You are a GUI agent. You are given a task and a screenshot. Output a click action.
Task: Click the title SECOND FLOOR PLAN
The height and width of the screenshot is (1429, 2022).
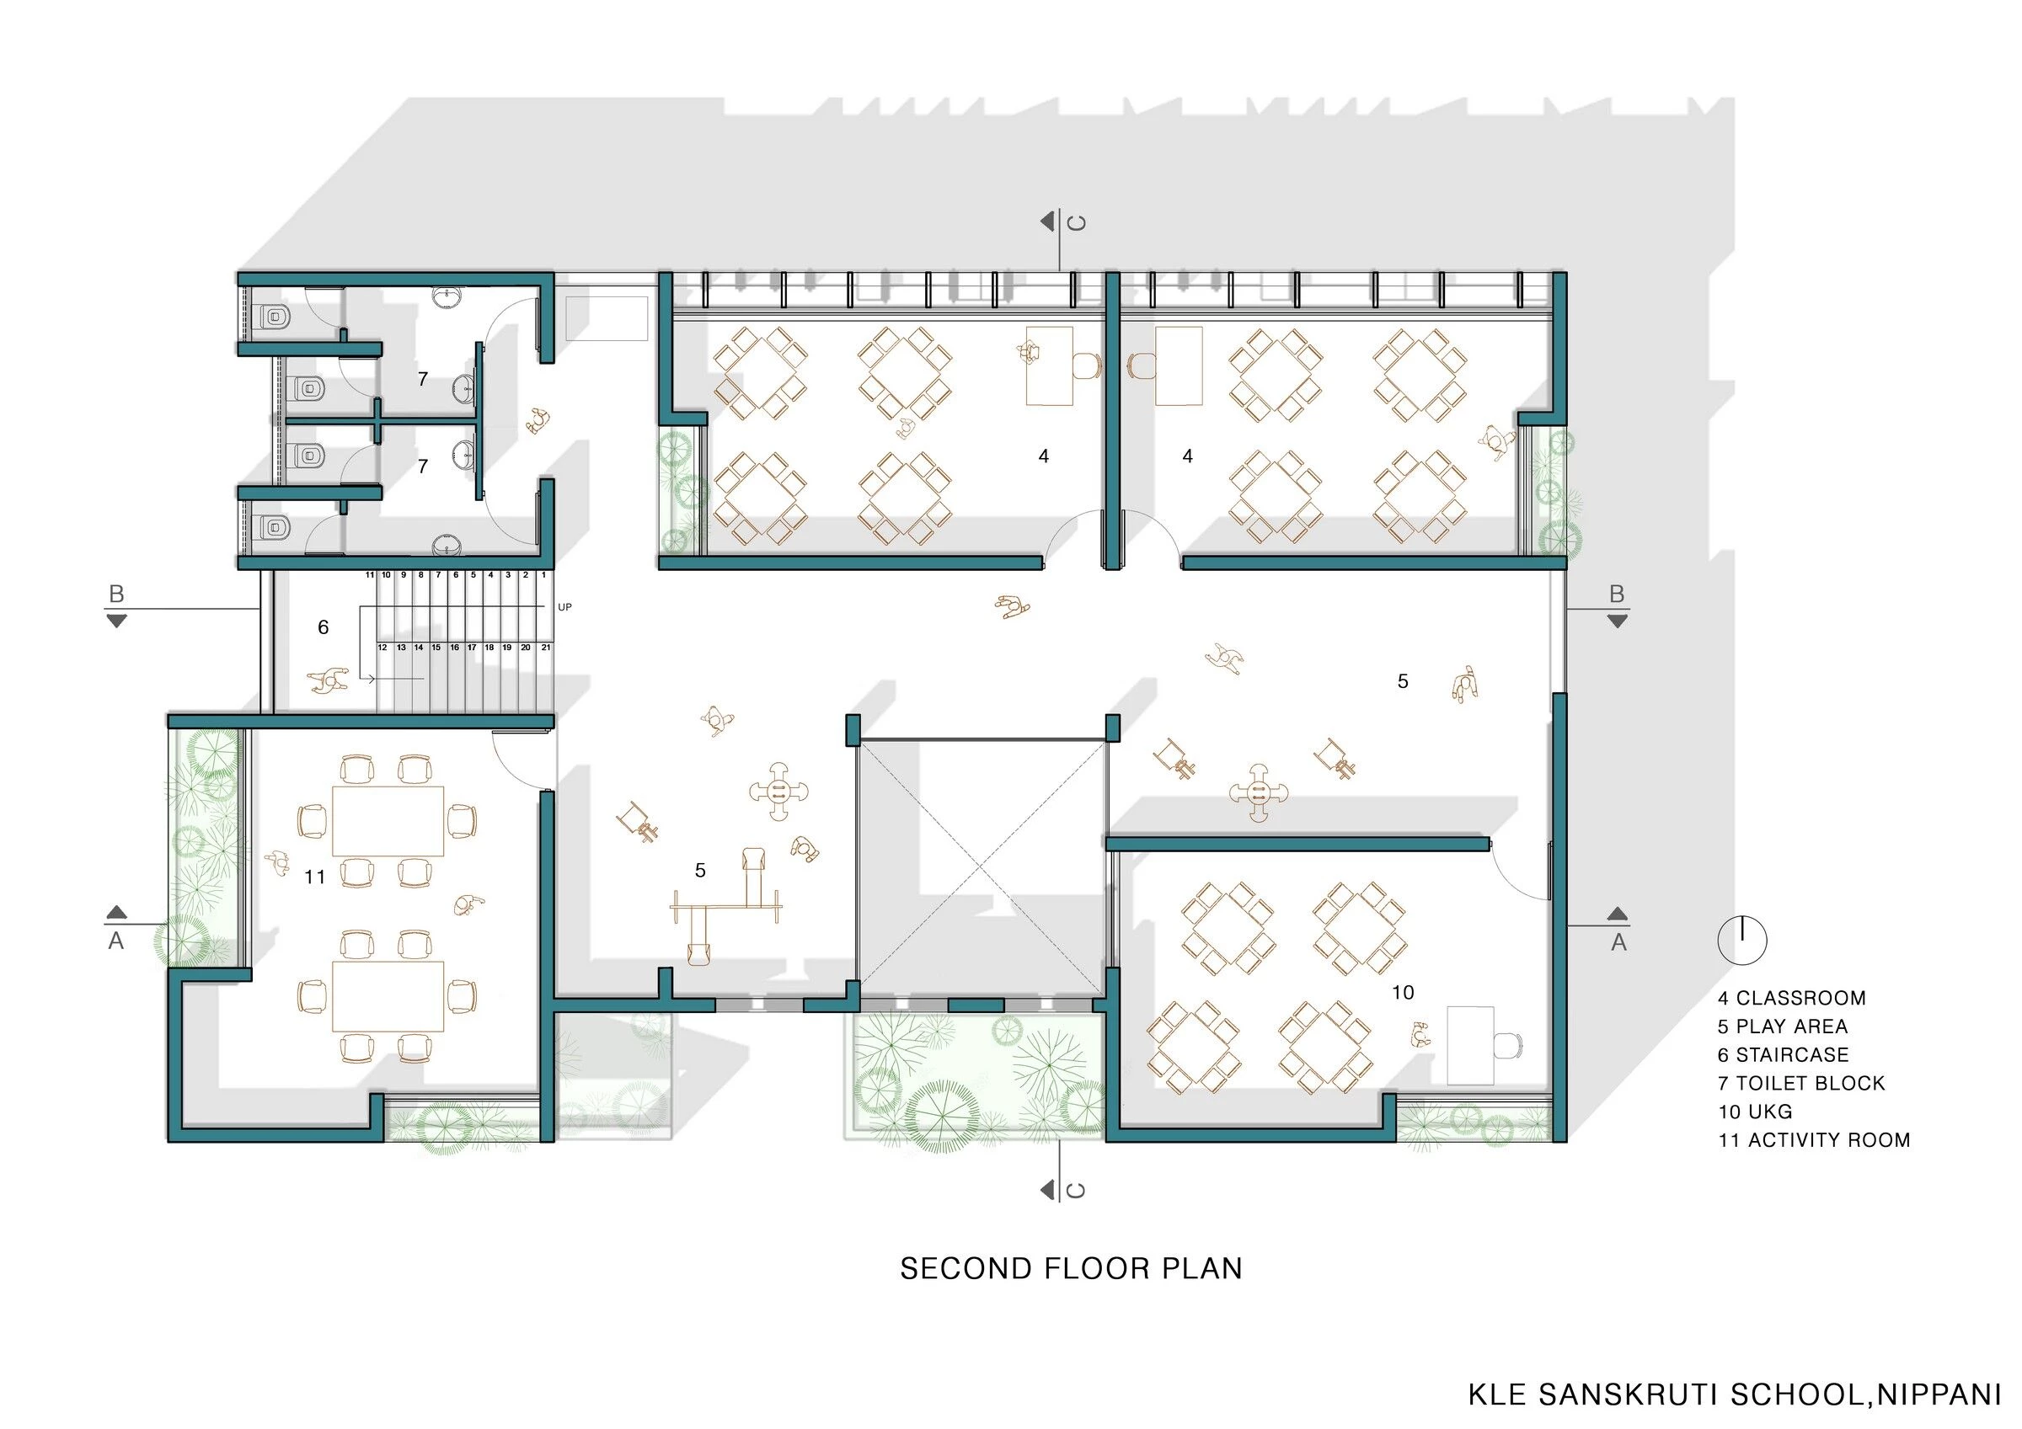1071,1269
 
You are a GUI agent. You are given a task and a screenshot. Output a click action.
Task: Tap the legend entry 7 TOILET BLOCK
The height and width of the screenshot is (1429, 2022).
1801,1083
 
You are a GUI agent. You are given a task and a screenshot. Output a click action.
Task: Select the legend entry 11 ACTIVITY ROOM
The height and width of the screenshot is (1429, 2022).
1813,1140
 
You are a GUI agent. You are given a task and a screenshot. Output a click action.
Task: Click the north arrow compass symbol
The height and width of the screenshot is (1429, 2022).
1742,940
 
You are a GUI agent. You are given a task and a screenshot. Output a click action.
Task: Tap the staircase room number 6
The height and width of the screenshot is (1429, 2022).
324,627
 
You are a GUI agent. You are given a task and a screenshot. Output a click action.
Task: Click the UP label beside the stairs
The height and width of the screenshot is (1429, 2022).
564,607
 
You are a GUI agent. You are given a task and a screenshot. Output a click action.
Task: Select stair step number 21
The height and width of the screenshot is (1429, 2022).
546,648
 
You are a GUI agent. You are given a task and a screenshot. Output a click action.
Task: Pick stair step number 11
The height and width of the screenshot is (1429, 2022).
371,575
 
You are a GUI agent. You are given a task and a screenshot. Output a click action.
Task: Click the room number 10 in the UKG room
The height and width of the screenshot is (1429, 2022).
1403,992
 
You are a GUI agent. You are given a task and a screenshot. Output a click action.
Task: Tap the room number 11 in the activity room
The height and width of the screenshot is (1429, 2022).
314,877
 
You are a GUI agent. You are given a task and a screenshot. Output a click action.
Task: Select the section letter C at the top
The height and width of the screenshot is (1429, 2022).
1076,223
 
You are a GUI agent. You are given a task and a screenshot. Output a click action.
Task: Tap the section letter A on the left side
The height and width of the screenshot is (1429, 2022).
116,941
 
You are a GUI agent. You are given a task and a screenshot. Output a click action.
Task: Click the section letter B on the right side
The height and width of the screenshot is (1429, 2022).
1616,595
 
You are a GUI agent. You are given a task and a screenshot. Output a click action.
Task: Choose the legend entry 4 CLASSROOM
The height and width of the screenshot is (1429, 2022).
1791,999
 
